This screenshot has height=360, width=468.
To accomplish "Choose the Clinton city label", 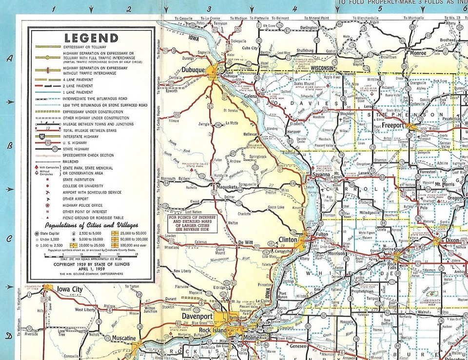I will (288, 240).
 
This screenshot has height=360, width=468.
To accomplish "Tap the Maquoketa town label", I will (227, 187).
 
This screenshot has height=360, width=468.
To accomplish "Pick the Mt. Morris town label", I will (444, 184).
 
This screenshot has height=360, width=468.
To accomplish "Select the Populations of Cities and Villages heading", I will (91, 226).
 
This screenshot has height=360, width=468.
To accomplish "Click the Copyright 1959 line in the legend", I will (91, 263).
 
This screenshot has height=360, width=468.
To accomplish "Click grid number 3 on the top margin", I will (209, 8).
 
